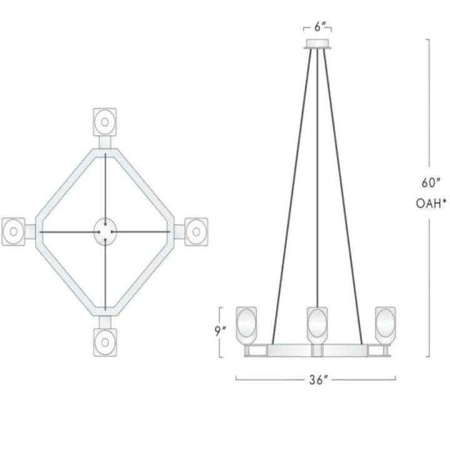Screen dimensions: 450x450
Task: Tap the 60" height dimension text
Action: (431, 182)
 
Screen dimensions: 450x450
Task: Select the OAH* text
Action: (431, 204)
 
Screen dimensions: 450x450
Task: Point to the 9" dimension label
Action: (221, 331)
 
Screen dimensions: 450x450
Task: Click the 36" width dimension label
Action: (318, 380)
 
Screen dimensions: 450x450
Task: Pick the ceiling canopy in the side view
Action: (317, 44)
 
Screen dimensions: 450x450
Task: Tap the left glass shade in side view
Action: (246, 326)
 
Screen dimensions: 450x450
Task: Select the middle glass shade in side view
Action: (317, 326)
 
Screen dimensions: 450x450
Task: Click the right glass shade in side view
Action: (386, 326)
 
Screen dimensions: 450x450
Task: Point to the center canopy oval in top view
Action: (105, 232)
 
